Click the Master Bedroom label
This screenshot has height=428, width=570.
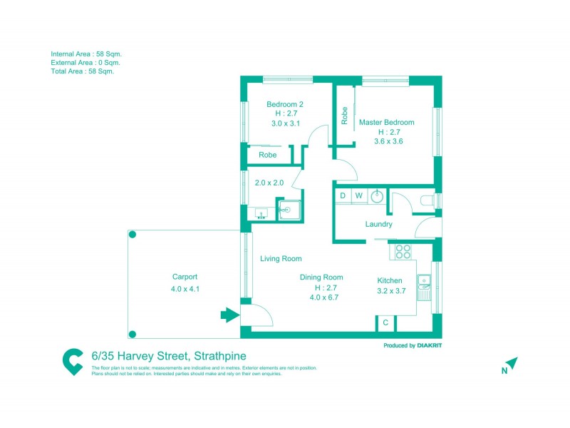click(386, 122)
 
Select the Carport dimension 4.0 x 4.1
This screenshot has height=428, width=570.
click(185, 289)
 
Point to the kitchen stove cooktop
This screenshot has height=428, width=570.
click(403, 251)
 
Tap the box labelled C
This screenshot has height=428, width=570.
click(385, 323)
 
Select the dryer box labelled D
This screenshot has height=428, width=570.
click(343, 195)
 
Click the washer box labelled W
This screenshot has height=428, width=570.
click(359, 195)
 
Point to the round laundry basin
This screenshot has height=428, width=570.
click(377, 196)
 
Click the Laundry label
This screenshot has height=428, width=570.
click(378, 224)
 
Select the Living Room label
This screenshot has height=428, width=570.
click(280, 259)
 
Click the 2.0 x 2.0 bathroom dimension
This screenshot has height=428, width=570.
click(269, 183)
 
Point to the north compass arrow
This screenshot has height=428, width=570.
click(512, 363)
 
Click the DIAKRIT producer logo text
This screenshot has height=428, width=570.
click(437, 345)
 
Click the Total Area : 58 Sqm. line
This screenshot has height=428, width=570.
click(82, 71)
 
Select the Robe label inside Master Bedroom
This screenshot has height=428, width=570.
click(344, 116)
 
